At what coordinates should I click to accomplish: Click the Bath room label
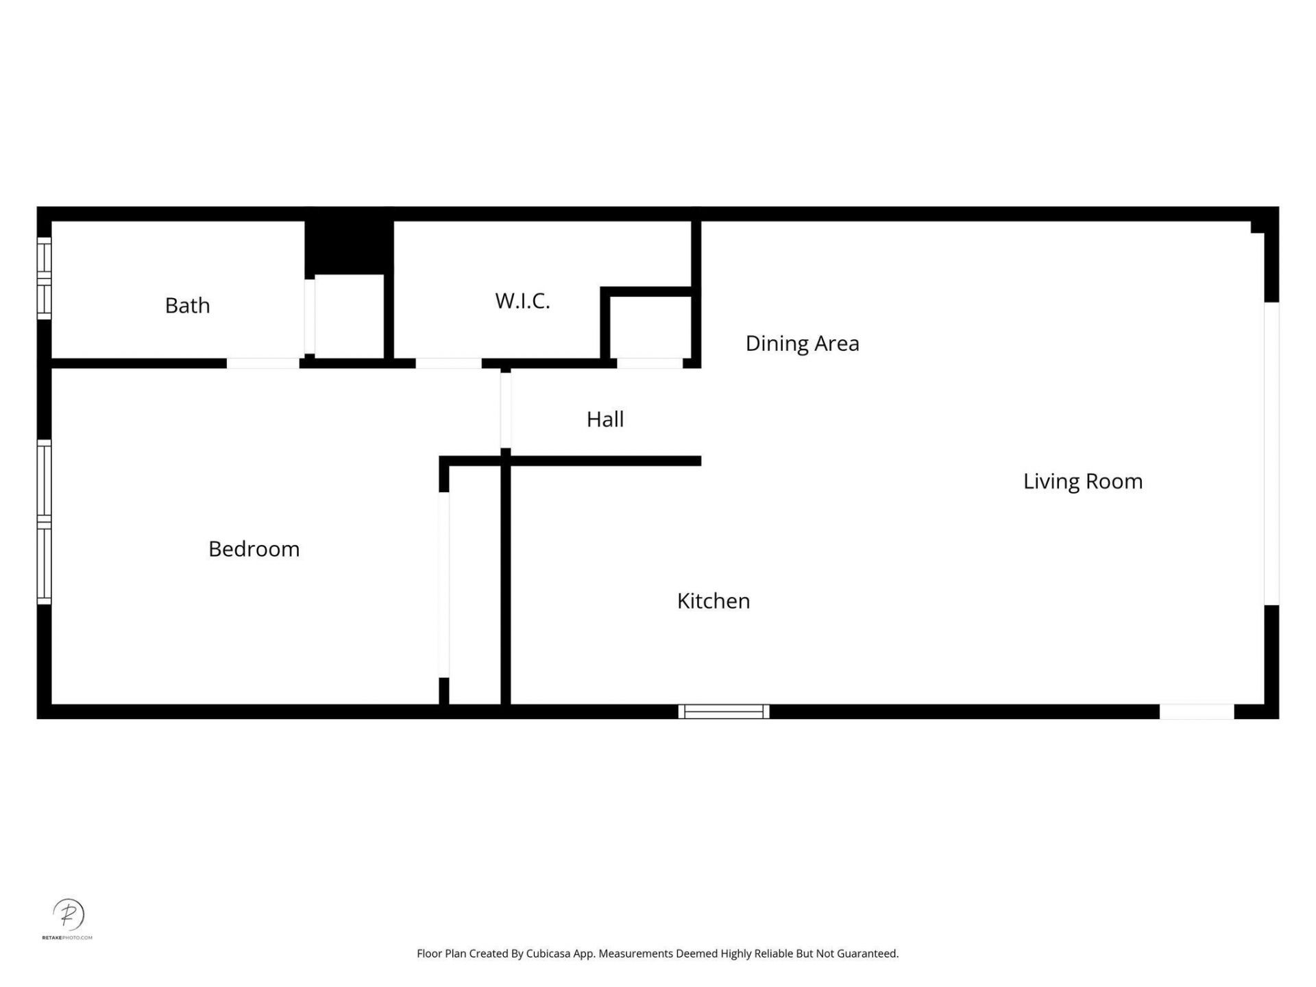tap(187, 306)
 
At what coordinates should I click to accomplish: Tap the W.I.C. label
tap(522, 301)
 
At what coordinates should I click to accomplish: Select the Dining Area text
tap(802, 343)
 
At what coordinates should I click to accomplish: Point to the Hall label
tap(605, 419)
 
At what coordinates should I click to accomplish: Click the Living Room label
tap(1082, 482)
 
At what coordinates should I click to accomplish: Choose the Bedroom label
tap(254, 549)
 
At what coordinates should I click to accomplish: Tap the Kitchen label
tap(713, 601)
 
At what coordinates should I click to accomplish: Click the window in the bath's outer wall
tap(44, 278)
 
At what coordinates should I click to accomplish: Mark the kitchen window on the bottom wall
tap(724, 711)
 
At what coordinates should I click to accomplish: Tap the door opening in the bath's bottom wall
tap(263, 363)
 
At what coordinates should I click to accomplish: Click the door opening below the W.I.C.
tap(448, 363)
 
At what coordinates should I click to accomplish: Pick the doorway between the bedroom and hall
tap(505, 410)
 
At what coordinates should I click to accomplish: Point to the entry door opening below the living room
tap(1197, 711)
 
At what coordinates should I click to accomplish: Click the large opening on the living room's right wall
tap(1271, 454)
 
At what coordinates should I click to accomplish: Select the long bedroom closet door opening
tap(443, 585)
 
